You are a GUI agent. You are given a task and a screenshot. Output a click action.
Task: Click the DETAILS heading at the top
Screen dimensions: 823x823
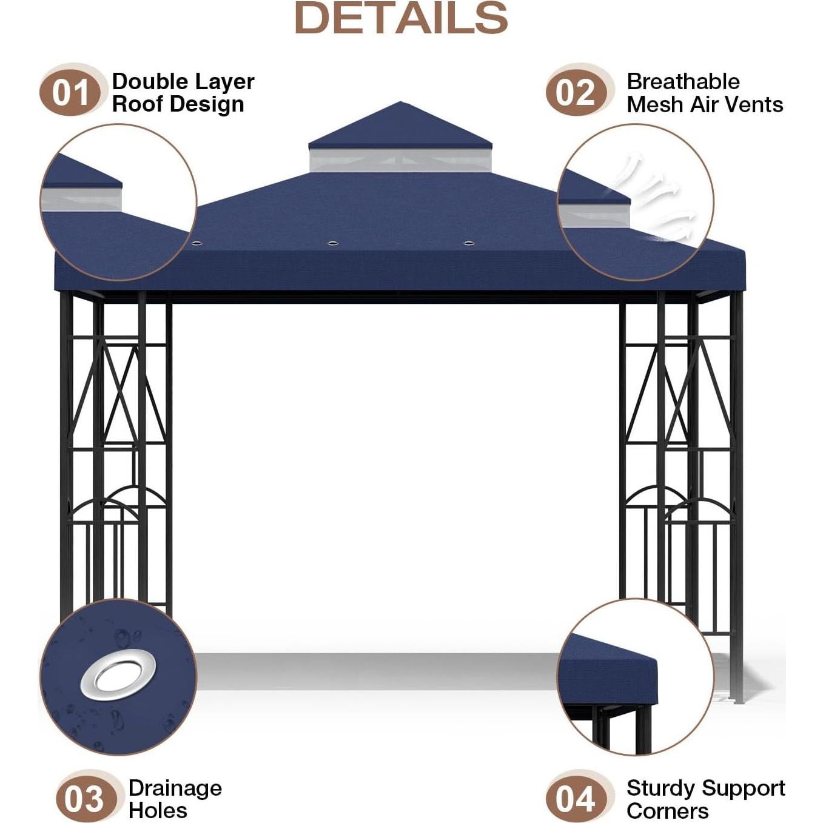click(x=401, y=18)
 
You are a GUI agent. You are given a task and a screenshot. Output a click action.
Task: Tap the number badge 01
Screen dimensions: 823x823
click(x=70, y=93)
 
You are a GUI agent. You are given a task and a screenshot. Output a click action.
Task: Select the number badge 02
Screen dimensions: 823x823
click(x=576, y=93)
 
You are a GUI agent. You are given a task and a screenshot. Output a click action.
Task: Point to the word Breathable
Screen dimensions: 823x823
click(x=683, y=82)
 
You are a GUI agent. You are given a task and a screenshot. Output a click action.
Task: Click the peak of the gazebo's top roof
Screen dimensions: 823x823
click(x=400, y=102)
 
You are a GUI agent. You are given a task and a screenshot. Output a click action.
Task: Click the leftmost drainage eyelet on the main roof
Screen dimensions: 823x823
click(x=197, y=243)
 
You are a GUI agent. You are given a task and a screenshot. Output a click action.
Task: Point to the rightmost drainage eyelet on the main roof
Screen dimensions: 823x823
click(x=469, y=243)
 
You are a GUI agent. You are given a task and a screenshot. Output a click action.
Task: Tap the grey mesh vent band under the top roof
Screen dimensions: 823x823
click(x=400, y=160)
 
